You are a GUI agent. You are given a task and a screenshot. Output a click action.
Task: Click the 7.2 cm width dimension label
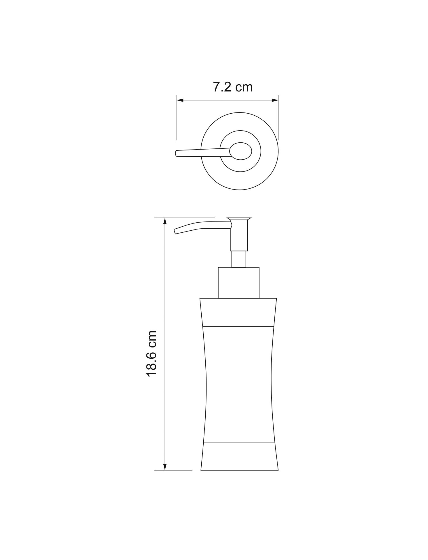coord(233,87)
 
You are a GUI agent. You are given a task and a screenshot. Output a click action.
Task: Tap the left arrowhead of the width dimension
coord(180,100)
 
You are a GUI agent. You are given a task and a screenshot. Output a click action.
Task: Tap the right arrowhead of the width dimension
coord(275,100)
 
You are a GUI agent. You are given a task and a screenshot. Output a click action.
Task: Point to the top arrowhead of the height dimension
coord(165,222)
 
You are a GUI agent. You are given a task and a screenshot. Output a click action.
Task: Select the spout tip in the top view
coord(176,153)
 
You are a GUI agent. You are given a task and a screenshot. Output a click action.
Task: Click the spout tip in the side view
coord(175,231)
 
